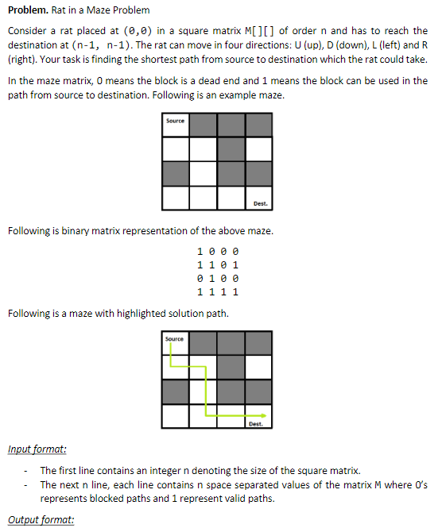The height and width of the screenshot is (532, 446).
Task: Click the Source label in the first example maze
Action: point(176,121)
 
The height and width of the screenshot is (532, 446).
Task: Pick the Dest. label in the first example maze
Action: point(260,204)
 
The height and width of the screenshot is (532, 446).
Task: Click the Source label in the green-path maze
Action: point(175,339)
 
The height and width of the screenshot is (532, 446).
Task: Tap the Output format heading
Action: point(41,520)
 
